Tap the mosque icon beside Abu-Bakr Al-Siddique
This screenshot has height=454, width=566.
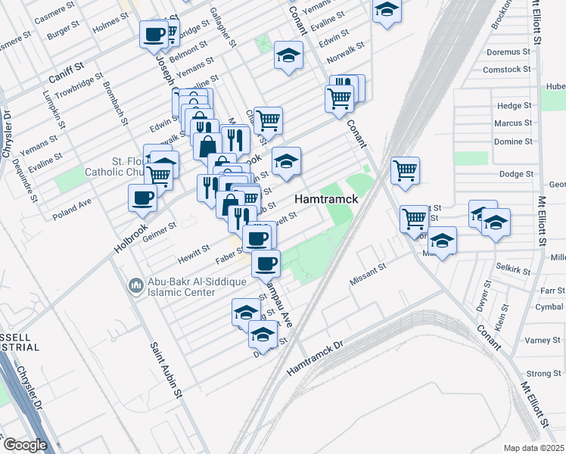tap(136, 285)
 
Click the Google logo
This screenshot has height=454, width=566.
tap(24, 445)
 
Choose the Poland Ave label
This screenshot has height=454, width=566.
tap(72, 210)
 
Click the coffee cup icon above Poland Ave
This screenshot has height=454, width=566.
tap(142, 198)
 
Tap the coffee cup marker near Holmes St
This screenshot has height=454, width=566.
tap(154, 33)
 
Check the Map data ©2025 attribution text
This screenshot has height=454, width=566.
tap(534, 448)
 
